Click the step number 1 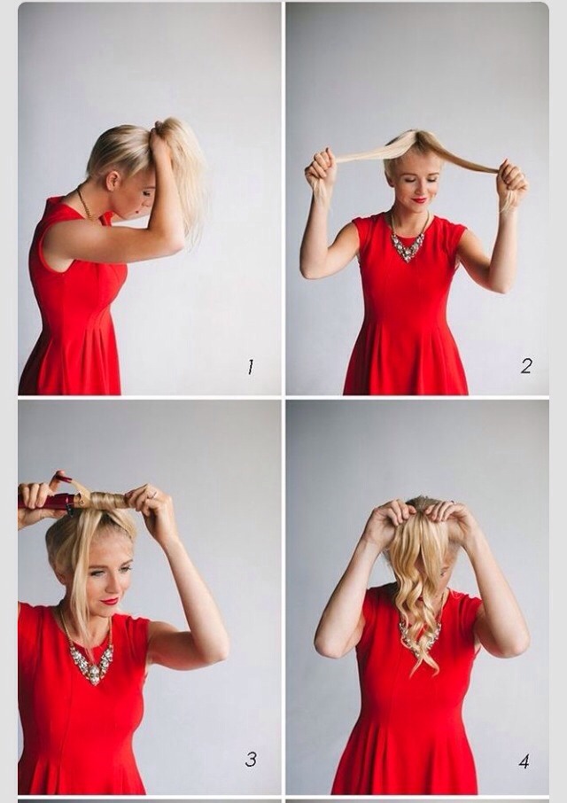click(250, 366)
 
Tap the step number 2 click(525, 365)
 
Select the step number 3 click(251, 759)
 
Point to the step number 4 click(524, 760)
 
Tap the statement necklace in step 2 click(408, 243)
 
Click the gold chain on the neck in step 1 click(84, 204)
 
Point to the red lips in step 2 click(418, 199)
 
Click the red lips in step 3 click(109, 600)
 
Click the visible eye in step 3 click(98, 573)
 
